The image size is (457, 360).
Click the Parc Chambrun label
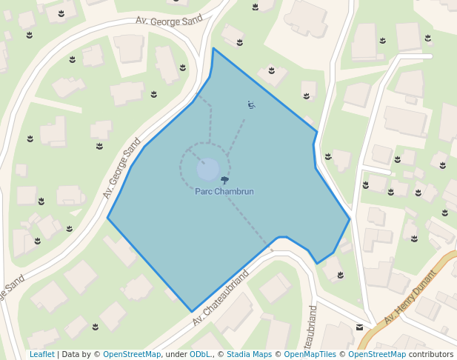click(x=224, y=192)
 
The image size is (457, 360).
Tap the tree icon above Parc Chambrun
click(x=224, y=180)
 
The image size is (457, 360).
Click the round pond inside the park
click(x=207, y=169)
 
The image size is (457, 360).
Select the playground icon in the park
click(x=251, y=105)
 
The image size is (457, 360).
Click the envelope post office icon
click(x=359, y=327)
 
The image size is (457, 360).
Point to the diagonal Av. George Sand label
click(x=122, y=169)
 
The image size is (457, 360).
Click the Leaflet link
click(x=41, y=355)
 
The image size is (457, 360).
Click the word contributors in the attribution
click(x=431, y=355)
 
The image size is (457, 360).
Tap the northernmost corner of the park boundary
click(x=213, y=49)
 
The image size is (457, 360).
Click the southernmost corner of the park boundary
click(x=192, y=312)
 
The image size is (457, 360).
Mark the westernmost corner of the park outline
click(x=108, y=218)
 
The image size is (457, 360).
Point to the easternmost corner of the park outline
click(x=350, y=219)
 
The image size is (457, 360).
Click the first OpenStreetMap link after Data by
click(x=132, y=355)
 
